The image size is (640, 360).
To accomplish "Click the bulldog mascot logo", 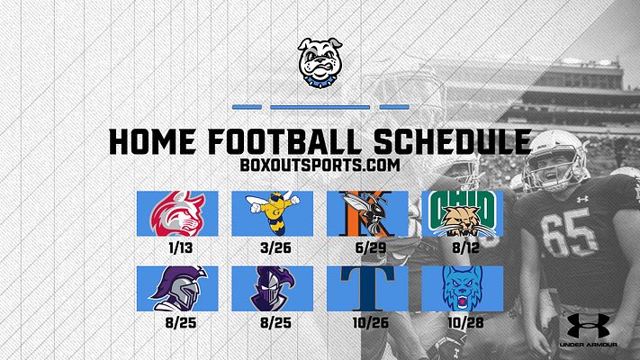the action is (x=320, y=62).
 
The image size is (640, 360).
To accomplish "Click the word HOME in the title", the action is (x=152, y=141).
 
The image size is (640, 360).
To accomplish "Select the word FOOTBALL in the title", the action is (x=284, y=141).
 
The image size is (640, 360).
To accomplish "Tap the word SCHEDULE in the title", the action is (x=452, y=141).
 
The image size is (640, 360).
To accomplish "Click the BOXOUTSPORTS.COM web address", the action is (x=320, y=165).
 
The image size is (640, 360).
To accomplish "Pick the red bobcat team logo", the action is (x=177, y=213).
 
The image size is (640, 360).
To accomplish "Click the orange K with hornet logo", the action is (x=367, y=213).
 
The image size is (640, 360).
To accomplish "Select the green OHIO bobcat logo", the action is (x=463, y=213).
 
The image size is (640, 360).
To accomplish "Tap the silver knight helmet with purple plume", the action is (x=177, y=289).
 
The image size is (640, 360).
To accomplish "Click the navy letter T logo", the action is (x=368, y=289).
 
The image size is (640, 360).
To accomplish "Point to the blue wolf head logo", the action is (x=463, y=289).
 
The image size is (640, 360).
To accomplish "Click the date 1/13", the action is (x=181, y=247).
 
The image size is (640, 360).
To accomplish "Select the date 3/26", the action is (x=276, y=247).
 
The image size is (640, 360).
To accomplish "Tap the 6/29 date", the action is (x=371, y=247).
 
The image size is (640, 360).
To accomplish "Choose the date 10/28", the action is (x=465, y=323).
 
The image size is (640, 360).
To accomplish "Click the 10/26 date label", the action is (x=371, y=323).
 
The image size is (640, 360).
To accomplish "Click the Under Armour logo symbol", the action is (x=588, y=326).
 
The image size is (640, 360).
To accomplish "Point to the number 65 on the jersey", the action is (x=570, y=232).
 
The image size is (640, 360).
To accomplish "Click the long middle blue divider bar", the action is (x=320, y=107).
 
